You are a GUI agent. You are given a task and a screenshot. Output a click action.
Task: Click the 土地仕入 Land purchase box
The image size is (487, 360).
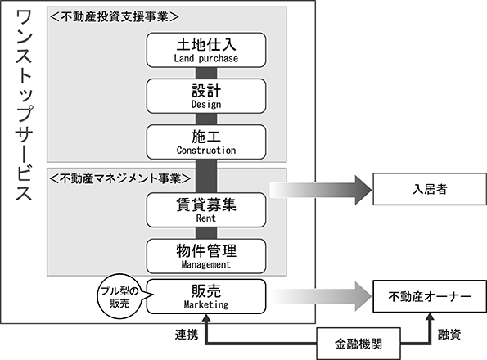[206, 50]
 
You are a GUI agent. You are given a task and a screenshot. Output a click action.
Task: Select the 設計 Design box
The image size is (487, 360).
[206, 96]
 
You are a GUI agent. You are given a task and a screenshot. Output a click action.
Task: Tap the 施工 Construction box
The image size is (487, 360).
[206, 142]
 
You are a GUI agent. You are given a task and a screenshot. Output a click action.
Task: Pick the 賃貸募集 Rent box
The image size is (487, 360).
[206, 210]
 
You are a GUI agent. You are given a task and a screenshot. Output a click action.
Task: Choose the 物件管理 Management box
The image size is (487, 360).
[206, 256]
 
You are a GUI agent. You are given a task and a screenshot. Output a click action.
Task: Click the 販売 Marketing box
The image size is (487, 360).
[206, 296]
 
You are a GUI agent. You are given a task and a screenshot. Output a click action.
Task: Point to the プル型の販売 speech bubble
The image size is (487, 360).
[119, 297]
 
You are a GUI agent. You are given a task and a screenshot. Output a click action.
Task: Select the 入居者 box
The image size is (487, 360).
[430, 189]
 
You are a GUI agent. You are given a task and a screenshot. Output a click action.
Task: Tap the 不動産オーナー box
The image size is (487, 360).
[430, 296]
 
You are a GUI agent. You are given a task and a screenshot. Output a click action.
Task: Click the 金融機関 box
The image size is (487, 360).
[358, 344]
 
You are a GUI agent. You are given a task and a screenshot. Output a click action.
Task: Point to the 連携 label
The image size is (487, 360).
[187, 335]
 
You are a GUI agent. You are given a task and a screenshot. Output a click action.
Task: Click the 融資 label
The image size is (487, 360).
[449, 335]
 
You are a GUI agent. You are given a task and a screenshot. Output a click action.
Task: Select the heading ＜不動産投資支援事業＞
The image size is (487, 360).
[114, 16]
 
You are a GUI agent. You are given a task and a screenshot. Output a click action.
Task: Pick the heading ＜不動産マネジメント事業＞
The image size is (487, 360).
[119, 178]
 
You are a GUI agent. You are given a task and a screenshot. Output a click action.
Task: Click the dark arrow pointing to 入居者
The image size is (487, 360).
[321, 190]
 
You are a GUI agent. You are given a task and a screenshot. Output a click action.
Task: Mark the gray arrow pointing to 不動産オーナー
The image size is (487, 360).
[321, 297]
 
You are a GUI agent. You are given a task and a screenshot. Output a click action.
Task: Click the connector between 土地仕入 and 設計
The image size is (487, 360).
[206, 73]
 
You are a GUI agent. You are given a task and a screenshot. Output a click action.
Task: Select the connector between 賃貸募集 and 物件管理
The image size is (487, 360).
[206, 233]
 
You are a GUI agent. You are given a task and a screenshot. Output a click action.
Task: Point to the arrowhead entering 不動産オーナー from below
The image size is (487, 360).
[430, 317]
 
